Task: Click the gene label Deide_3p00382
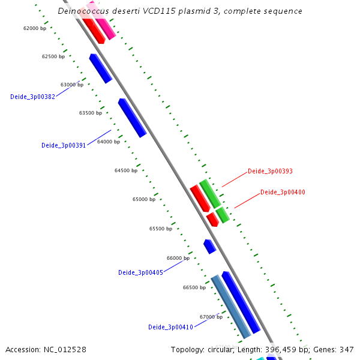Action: [32, 97]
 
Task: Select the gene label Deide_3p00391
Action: [64, 145]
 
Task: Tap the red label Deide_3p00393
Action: [270, 171]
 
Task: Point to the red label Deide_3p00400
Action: [283, 192]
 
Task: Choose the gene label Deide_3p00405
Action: [140, 272]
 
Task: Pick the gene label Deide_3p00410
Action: [170, 327]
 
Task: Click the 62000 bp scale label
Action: [35, 28]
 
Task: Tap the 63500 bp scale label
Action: [91, 113]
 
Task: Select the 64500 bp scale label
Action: [126, 170]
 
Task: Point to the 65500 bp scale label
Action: [161, 229]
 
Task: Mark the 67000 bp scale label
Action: [211, 317]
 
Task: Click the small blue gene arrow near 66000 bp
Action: [209, 246]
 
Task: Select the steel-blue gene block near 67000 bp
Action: [231, 307]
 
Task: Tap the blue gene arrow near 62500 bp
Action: [100, 68]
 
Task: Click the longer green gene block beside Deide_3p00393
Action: [210, 193]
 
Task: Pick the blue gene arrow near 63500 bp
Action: [132, 118]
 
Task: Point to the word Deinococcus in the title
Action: [85, 11]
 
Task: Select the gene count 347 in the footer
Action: [346, 349]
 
